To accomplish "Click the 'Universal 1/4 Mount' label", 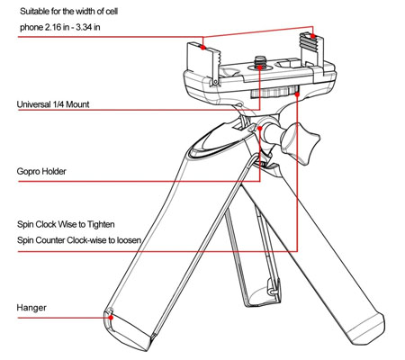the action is (x=53, y=104).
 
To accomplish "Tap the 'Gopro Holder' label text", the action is (x=41, y=171).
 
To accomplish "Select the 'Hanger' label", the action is (x=31, y=308).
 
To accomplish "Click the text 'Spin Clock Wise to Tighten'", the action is (x=66, y=224).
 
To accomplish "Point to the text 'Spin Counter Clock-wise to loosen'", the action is (x=79, y=240).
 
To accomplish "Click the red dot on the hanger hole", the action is (x=111, y=317).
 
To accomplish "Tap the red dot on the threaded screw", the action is (x=260, y=67).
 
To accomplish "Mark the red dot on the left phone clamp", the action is (x=203, y=47).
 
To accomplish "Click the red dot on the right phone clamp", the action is (x=312, y=36).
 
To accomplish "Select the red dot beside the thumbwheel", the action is (x=297, y=94).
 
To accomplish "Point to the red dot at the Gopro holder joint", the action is (x=260, y=128).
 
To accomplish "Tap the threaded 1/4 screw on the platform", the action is (x=258, y=62).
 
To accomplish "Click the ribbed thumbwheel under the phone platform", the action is (x=274, y=92).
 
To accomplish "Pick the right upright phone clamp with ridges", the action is (x=312, y=51).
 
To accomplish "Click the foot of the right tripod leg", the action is (x=366, y=329).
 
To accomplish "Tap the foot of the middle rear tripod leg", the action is (x=262, y=297).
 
